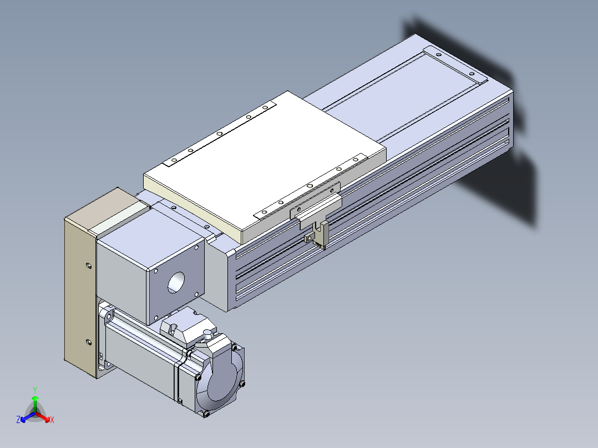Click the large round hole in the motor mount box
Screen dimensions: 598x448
[x=176, y=283]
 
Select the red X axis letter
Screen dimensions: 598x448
[x=52, y=420]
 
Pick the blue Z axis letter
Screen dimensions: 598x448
[x=18, y=419]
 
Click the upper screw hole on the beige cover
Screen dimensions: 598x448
[x=89, y=266]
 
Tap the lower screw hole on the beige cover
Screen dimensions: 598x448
[x=89, y=342]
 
